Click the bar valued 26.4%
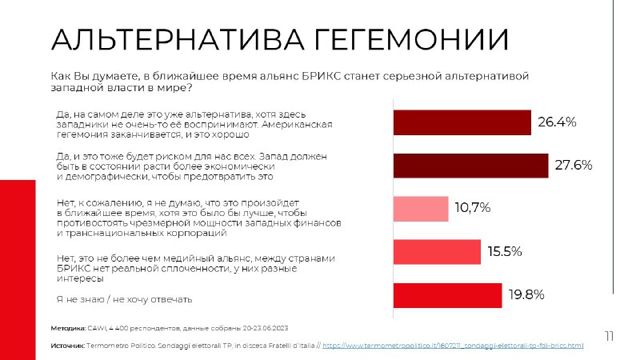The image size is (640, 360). (462, 122)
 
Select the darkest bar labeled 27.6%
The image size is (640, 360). (470, 166)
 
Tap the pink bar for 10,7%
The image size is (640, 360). (421, 209)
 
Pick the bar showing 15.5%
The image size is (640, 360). (437, 252)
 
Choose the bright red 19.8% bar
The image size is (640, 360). (447, 295)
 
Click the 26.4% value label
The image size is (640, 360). (557, 122)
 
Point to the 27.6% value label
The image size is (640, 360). (574, 165)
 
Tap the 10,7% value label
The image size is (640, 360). (472, 208)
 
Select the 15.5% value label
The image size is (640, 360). (505, 251)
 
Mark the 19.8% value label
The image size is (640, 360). (526, 294)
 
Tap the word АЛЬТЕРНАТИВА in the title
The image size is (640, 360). (178, 39)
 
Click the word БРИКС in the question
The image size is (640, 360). (322, 76)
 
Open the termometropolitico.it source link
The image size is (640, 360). (453, 346)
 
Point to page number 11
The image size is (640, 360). (609, 336)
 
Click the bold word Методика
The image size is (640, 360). (68, 328)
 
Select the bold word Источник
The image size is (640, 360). (68, 346)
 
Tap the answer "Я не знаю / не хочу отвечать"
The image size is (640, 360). (124, 299)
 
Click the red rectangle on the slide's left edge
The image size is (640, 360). (18, 270)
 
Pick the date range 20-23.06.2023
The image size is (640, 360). (266, 328)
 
